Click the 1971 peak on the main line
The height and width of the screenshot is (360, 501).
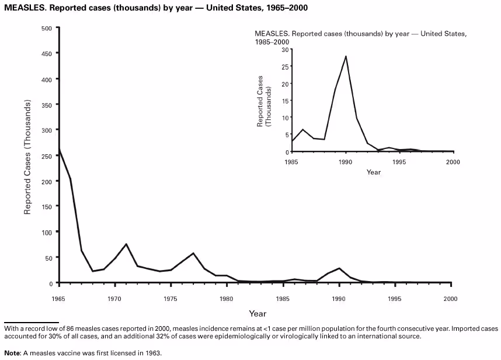(126, 244)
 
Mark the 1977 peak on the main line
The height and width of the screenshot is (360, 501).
(193, 253)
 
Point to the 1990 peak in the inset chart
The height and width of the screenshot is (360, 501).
(346, 57)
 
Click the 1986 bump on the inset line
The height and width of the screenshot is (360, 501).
(302, 129)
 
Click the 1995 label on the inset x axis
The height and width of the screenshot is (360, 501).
(400, 161)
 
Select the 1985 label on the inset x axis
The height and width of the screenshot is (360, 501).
(291, 161)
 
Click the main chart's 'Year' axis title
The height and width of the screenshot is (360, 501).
(258, 314)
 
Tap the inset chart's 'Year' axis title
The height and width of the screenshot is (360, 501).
(374, 172)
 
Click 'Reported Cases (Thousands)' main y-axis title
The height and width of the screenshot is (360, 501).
(27, 157)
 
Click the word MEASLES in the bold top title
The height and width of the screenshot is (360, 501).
(21, 9)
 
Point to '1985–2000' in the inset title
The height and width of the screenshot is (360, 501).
(272, 42)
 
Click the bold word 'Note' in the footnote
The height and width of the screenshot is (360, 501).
(12, 353)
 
